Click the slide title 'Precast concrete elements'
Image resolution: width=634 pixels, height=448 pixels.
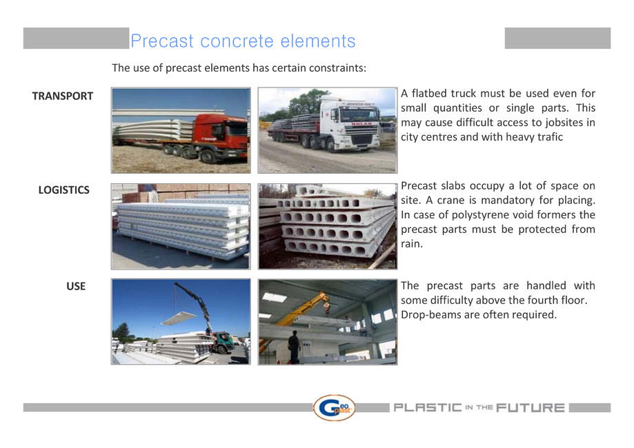point(243,41)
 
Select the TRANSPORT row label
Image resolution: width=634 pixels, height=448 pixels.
point(62,96)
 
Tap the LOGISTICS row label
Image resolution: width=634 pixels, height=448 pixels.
point(63,190)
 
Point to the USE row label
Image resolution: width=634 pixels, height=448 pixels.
point(76,285)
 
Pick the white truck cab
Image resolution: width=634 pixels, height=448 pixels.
point(349,125)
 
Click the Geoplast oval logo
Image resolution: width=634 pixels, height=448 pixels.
point(334,407)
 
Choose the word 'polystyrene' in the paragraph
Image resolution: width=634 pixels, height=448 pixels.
point(470,215)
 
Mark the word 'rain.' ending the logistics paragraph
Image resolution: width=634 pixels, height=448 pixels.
point(412,244)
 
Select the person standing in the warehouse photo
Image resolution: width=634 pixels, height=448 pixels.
point(294,346)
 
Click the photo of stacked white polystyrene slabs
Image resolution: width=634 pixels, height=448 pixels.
point(181,226)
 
